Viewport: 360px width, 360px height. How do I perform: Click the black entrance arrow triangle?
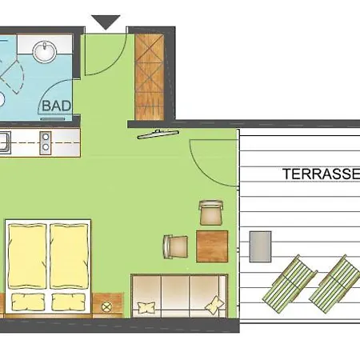coord(106,22)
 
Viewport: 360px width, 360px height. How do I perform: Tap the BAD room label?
coord(57,106)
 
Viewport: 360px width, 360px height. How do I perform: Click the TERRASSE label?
coord(322,174)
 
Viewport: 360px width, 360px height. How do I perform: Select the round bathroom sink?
coord(45,50)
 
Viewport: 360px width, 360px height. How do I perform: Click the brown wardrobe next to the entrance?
coord(150,77)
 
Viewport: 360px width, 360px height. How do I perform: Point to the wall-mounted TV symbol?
coord(158,134)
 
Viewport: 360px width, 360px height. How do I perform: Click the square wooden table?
coord(212,246)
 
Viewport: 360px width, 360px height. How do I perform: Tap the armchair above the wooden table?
coord(210,213)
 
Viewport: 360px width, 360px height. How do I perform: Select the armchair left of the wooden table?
coord(175,246)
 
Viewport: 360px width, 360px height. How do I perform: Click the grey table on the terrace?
coord(260,246)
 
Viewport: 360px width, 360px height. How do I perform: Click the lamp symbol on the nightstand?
coord(106,307)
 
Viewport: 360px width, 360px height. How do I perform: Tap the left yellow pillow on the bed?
coord(28,302)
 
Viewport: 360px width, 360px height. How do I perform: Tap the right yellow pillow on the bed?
coord(69,302)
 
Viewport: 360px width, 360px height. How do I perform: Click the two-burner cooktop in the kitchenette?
coord(46,142)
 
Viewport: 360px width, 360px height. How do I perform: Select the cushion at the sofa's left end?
coord(146,307)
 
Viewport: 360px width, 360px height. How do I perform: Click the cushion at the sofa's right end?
coord(215,305)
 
